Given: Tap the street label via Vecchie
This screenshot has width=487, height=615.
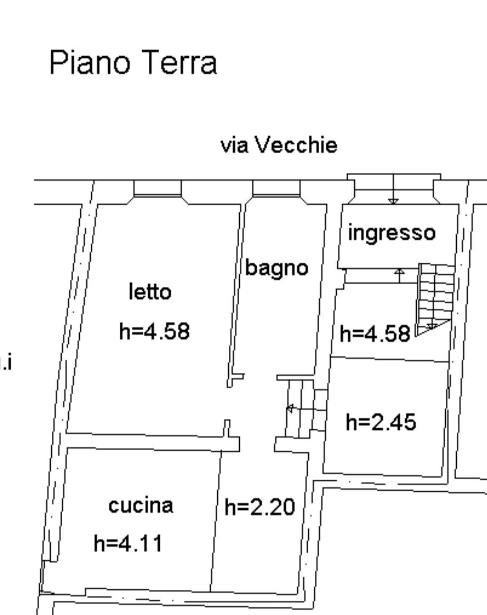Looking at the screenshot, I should [x=279, y=145].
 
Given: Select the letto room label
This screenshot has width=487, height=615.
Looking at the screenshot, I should [x=150, y=292].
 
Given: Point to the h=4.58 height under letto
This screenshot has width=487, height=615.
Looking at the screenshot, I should [x=154, y=331].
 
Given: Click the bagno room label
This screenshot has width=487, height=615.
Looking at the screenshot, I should [x=277, y=268].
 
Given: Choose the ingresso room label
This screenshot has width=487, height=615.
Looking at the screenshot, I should [x=391, y=233].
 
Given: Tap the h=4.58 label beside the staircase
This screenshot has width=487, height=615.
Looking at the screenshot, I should [x=375, y=334].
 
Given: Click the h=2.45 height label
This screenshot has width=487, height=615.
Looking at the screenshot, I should [x=381, y=422].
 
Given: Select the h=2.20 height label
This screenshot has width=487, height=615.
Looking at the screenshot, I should [x=260, y=507].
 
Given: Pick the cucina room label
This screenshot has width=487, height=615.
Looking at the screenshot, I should [x=141, y=505].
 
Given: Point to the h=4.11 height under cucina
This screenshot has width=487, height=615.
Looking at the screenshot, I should [x=128, y=543].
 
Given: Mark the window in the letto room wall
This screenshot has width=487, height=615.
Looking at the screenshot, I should [x=157, y=189].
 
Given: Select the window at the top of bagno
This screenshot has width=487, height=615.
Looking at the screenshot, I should [x=276, y=189].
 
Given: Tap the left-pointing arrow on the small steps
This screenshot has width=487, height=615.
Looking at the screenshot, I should [x=290, y=408].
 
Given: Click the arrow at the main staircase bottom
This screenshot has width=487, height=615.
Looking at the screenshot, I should [x=431, y=326].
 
